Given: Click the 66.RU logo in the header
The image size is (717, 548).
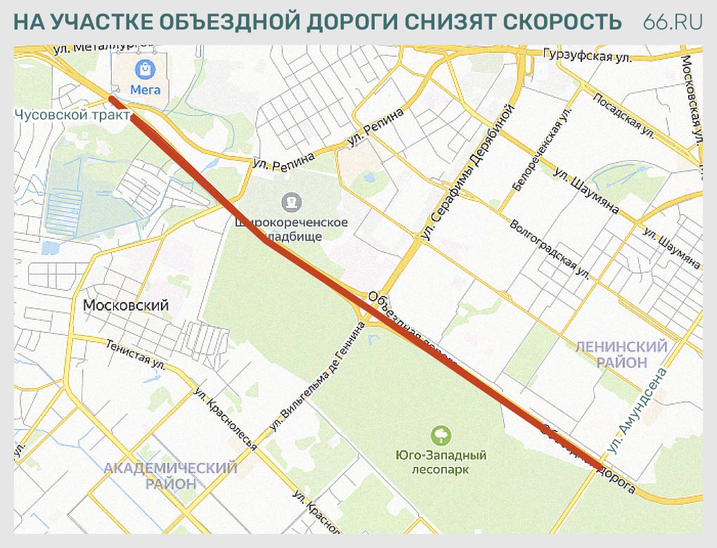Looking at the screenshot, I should (673, 22).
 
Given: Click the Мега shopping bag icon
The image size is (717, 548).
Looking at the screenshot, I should (145, 69).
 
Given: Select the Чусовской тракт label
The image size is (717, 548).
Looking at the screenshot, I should (72, 115).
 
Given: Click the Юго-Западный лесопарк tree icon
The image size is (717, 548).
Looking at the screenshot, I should (441, 436).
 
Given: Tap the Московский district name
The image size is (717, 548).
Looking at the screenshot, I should (126, 306).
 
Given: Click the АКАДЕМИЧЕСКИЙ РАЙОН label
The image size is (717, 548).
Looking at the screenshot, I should (170, 476).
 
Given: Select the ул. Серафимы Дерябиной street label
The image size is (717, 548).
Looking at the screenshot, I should (467, 173).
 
